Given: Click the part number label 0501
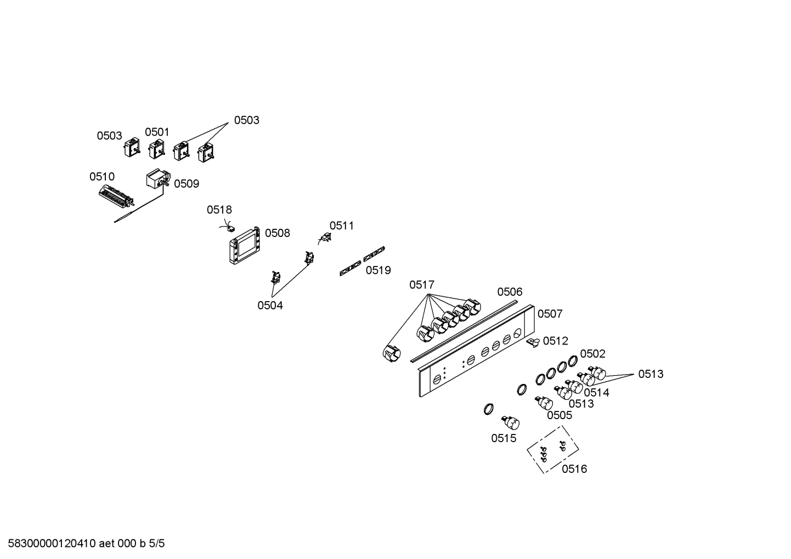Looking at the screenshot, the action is tap(157, 132).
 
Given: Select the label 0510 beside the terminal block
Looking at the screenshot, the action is tap(102, 177).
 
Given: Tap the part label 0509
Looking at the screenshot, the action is tap(187, 184).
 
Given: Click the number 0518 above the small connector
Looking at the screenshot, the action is tap(219, 210).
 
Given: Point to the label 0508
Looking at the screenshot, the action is tap(278, 233).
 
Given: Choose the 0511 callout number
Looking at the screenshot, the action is tap(342, 225).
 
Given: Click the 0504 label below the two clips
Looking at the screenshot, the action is tap(270, 306).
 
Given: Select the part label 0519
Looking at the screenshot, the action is tap(378, 270).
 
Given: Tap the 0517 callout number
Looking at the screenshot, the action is tap(422, 285).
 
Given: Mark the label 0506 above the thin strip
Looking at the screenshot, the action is tap(510, 292).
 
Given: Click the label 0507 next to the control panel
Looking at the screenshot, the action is tap(550, 314).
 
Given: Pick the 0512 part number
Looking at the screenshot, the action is tap(556, 341).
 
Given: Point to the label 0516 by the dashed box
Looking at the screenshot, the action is tap(574, 469).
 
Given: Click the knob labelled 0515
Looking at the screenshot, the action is tap(511, 423).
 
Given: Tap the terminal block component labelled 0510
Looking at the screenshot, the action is tap(116, 196).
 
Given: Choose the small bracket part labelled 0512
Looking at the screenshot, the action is tap(533, 342).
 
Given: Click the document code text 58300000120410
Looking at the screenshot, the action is tap(52, 544).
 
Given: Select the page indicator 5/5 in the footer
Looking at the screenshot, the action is tap(156, 544).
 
